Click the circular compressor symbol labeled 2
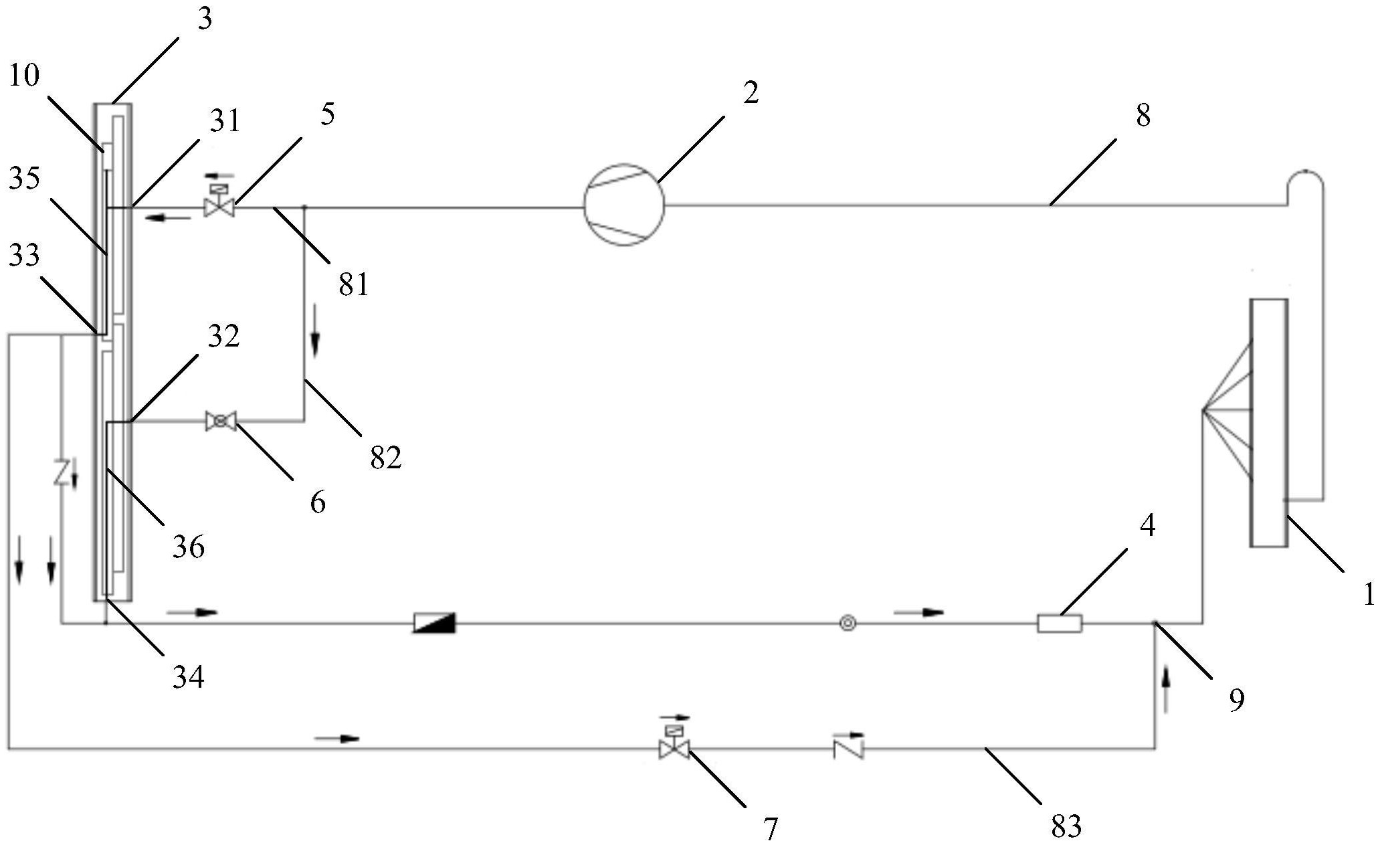623,205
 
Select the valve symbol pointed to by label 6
221,421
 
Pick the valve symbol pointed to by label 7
674,748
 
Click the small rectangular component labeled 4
1059,624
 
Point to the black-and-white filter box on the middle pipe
434,623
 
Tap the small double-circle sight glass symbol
848,623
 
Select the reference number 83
1066,827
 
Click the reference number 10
25,75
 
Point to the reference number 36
188,547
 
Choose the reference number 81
353,285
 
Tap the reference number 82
385,458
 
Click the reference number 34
188,677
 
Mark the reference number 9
1237,700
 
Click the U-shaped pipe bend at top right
1304,181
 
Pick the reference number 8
1143,115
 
